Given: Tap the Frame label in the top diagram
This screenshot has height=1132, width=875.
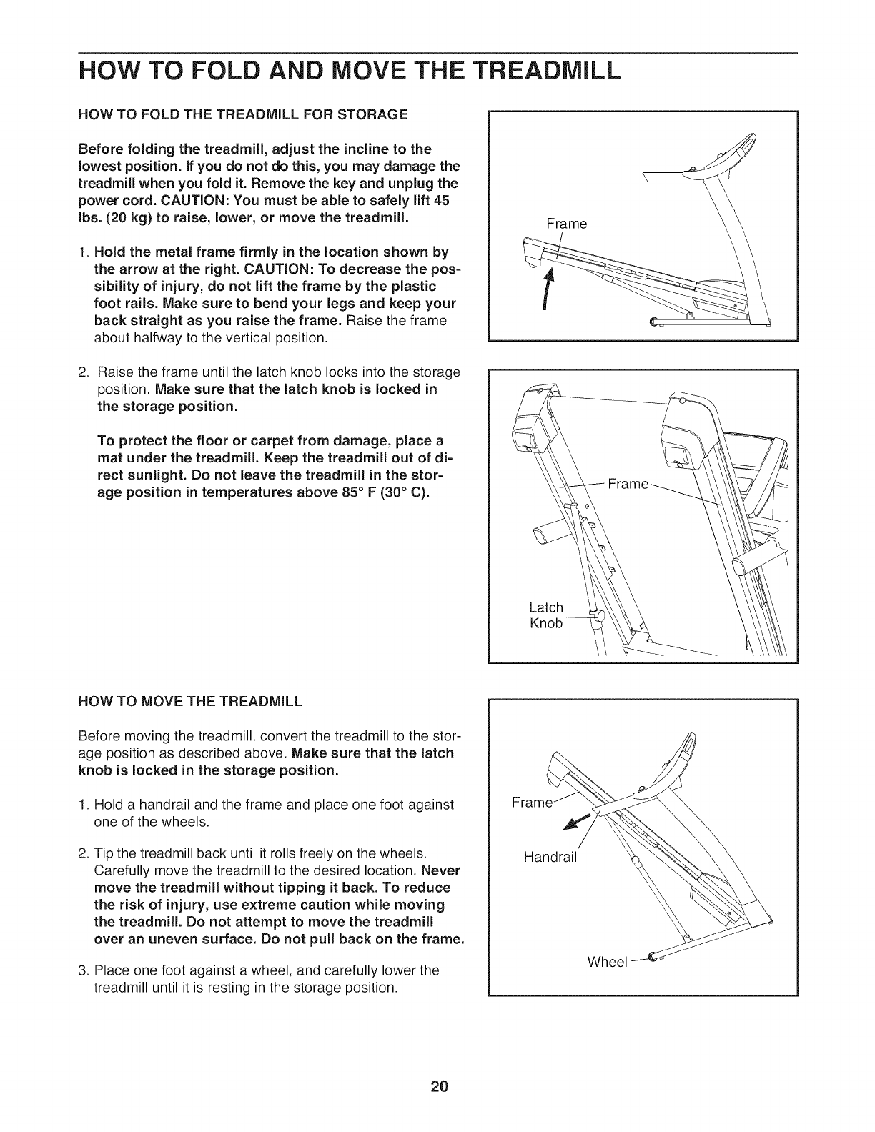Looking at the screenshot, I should click(x=566, y=224).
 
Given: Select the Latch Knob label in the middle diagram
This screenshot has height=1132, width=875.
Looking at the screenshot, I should click(x=546, y=615).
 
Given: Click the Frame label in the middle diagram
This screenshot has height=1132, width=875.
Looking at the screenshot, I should click(x=628, y=485).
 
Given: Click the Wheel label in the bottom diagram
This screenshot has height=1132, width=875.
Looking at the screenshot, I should click(x=606, y=961).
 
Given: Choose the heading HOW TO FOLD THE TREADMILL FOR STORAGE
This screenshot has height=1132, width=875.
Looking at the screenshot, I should click(x=243, y=114).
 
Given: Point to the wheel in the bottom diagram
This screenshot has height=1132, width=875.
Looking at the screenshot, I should click(x=652, y=957).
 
